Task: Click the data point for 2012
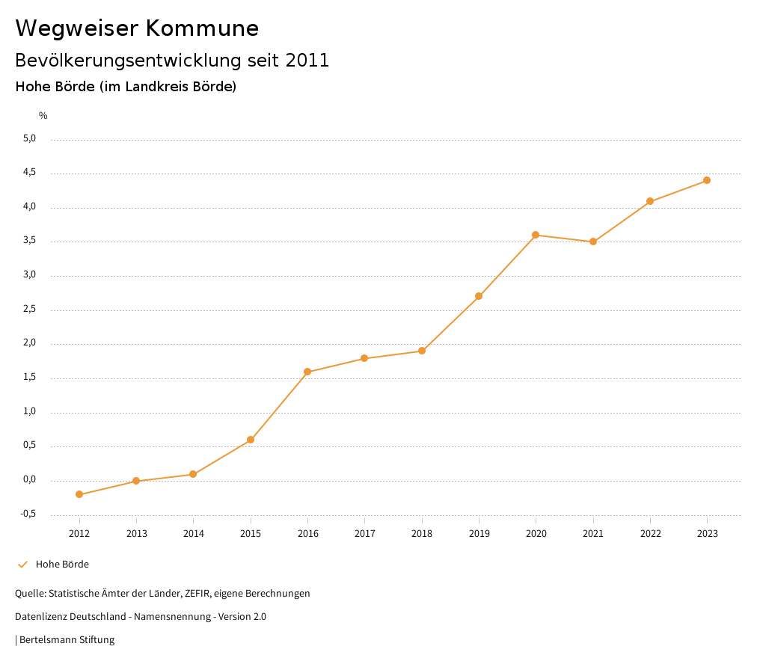[79, 494]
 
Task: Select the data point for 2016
[307, 372]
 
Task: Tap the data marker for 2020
[536, 235]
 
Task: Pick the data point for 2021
[593, 242]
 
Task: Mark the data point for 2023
[707, 180]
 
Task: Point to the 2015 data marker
[251, 440]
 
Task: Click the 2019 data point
[479, 296]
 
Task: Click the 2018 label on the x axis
[422, 533]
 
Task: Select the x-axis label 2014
[193, 533]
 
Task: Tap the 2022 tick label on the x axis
[650, 533]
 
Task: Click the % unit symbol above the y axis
[43, 116]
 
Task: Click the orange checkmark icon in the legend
[22, 565]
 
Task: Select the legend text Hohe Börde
[62, 565]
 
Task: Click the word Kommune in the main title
[203, 28]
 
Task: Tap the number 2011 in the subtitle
[307, 61]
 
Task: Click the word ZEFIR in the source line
[197, 594]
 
